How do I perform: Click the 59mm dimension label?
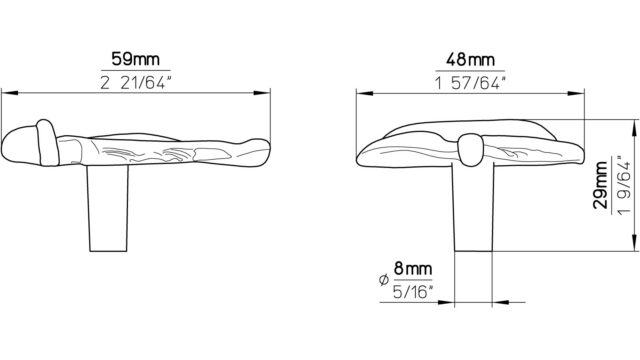(136, 59)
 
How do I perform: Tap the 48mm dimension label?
(470, 60)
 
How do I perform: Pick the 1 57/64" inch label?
(470, 83)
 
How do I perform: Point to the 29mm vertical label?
(601, 185)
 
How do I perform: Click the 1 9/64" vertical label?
(625, 185)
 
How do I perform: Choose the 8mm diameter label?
(413, 269)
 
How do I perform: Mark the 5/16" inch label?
(413, 292)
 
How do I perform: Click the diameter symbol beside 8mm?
(383, 280)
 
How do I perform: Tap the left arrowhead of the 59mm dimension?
(10, 93)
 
